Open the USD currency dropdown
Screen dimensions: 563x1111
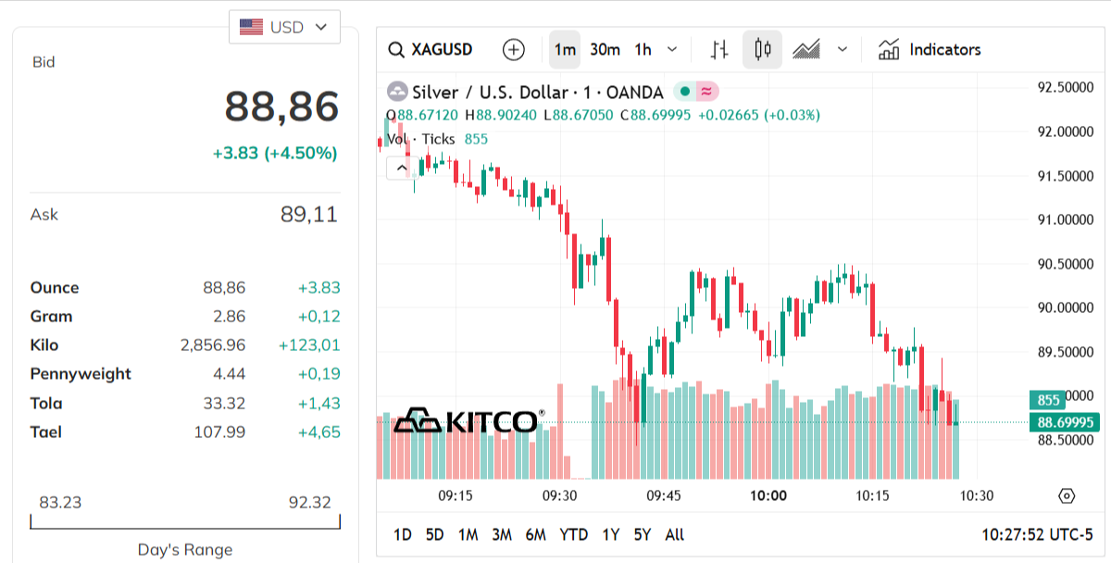(284, 27)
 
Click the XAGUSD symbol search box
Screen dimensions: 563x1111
(431, 50)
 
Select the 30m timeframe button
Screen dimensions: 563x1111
(605, 50)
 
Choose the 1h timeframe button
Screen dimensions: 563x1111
(643, 50)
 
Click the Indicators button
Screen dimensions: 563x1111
(930, 50)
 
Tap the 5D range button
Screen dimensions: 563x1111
(434, 534)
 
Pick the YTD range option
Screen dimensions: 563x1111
(573, 534)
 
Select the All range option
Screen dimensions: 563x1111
(674, 534)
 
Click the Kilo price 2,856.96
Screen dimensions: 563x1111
(213, 345)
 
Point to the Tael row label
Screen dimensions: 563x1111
(46, 432)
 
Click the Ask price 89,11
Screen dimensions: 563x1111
(308, 215)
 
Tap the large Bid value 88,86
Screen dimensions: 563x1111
(281, 106)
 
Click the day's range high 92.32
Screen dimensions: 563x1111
(309, 503)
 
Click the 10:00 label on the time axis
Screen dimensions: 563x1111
(768, 495)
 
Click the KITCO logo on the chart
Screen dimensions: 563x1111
(467, 421)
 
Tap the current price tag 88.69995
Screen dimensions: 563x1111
(1064, 422)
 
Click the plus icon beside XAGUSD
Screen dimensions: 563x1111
(513, 50)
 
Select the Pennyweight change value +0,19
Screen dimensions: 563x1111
(318, 374)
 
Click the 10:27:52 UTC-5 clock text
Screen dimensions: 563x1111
(1037, 534)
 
